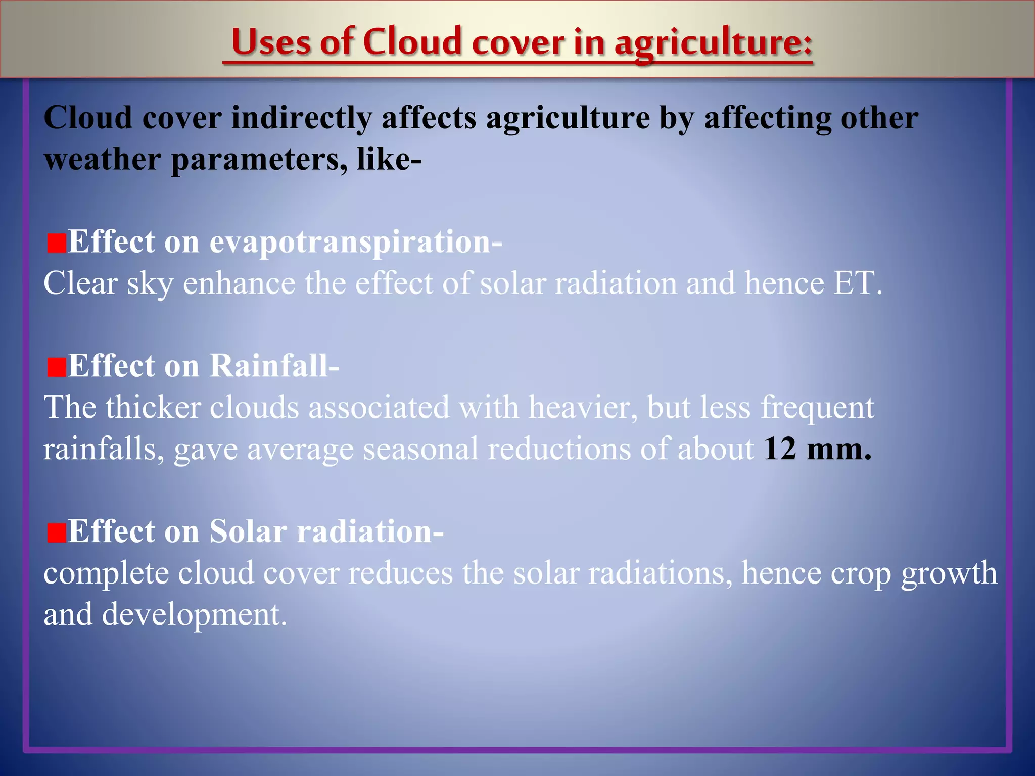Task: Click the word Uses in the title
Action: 271,41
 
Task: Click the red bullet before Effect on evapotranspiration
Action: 56,244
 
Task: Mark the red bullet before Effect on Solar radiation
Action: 56,533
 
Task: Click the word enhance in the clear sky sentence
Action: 239,283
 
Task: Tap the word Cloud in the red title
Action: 412,41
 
